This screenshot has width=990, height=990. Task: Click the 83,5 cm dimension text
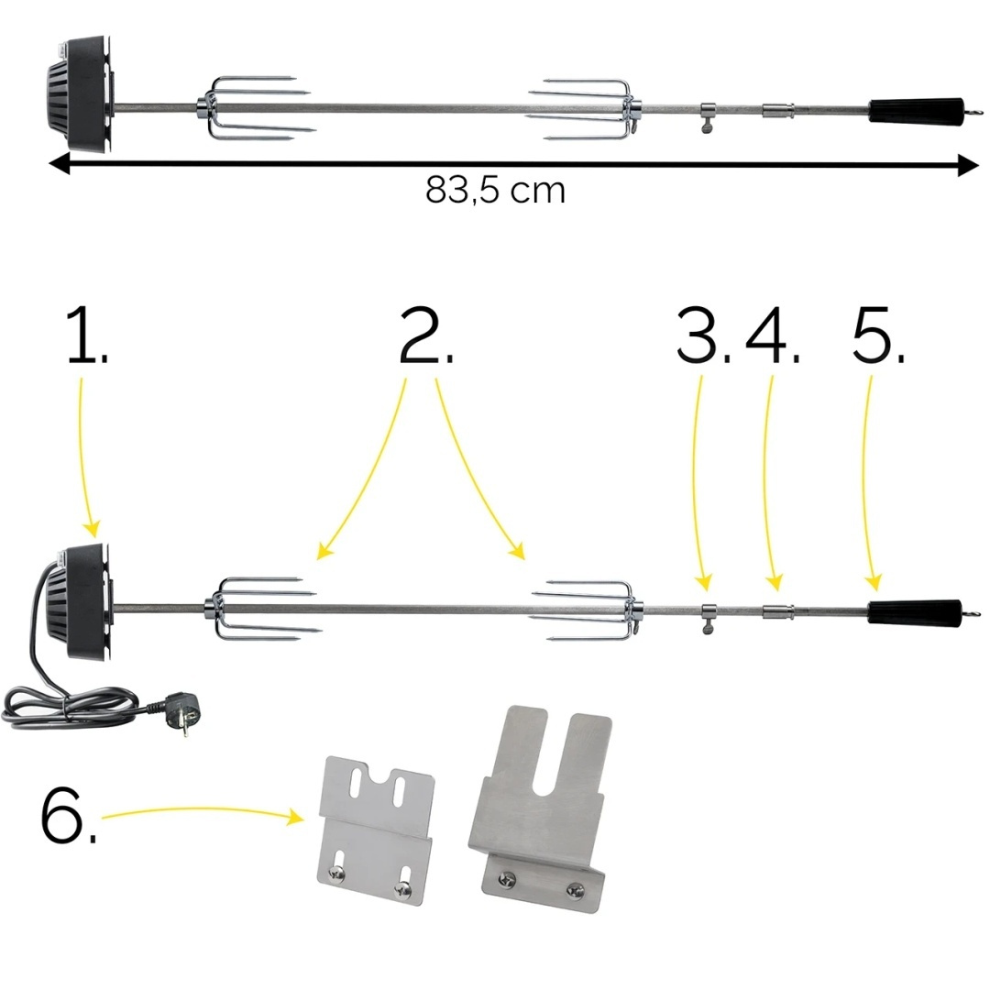coord(495,190)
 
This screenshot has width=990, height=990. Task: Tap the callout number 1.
coord(87,335)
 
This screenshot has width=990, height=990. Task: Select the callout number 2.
coord(426,335)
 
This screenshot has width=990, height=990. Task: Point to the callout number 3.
coord(703,335)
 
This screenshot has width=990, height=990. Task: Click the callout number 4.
coord(772,335)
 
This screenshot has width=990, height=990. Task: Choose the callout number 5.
coord(878,335)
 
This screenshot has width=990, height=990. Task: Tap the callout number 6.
coord(68,815)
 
